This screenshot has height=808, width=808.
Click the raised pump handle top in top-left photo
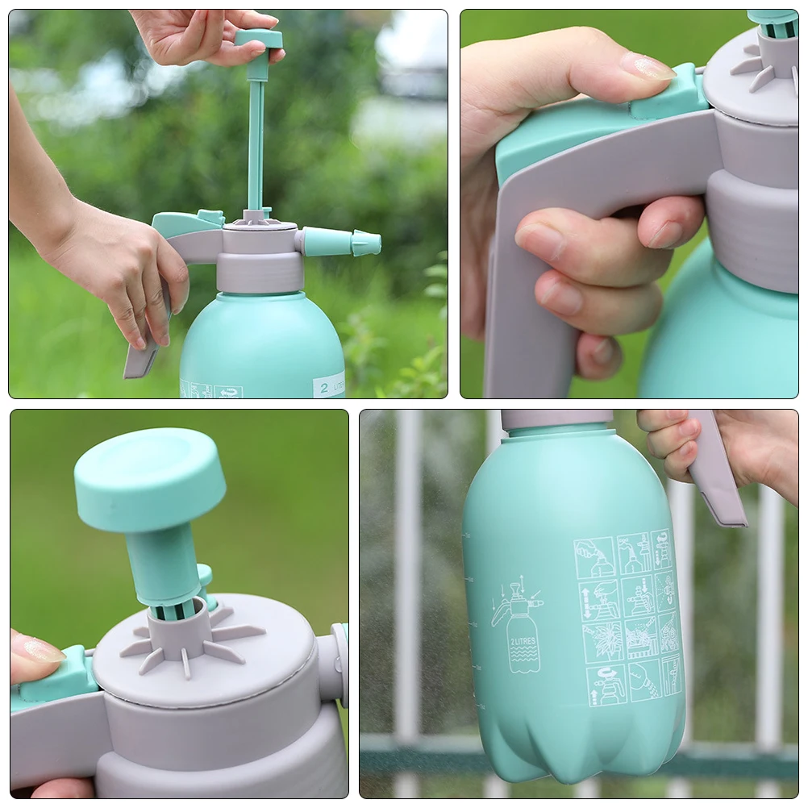[x=259, y=39]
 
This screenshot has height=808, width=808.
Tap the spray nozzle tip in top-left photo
[x=367, y=243]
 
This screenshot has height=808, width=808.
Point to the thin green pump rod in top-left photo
[x=256, y=145]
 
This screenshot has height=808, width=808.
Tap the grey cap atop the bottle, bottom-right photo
[x=556, y=419]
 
